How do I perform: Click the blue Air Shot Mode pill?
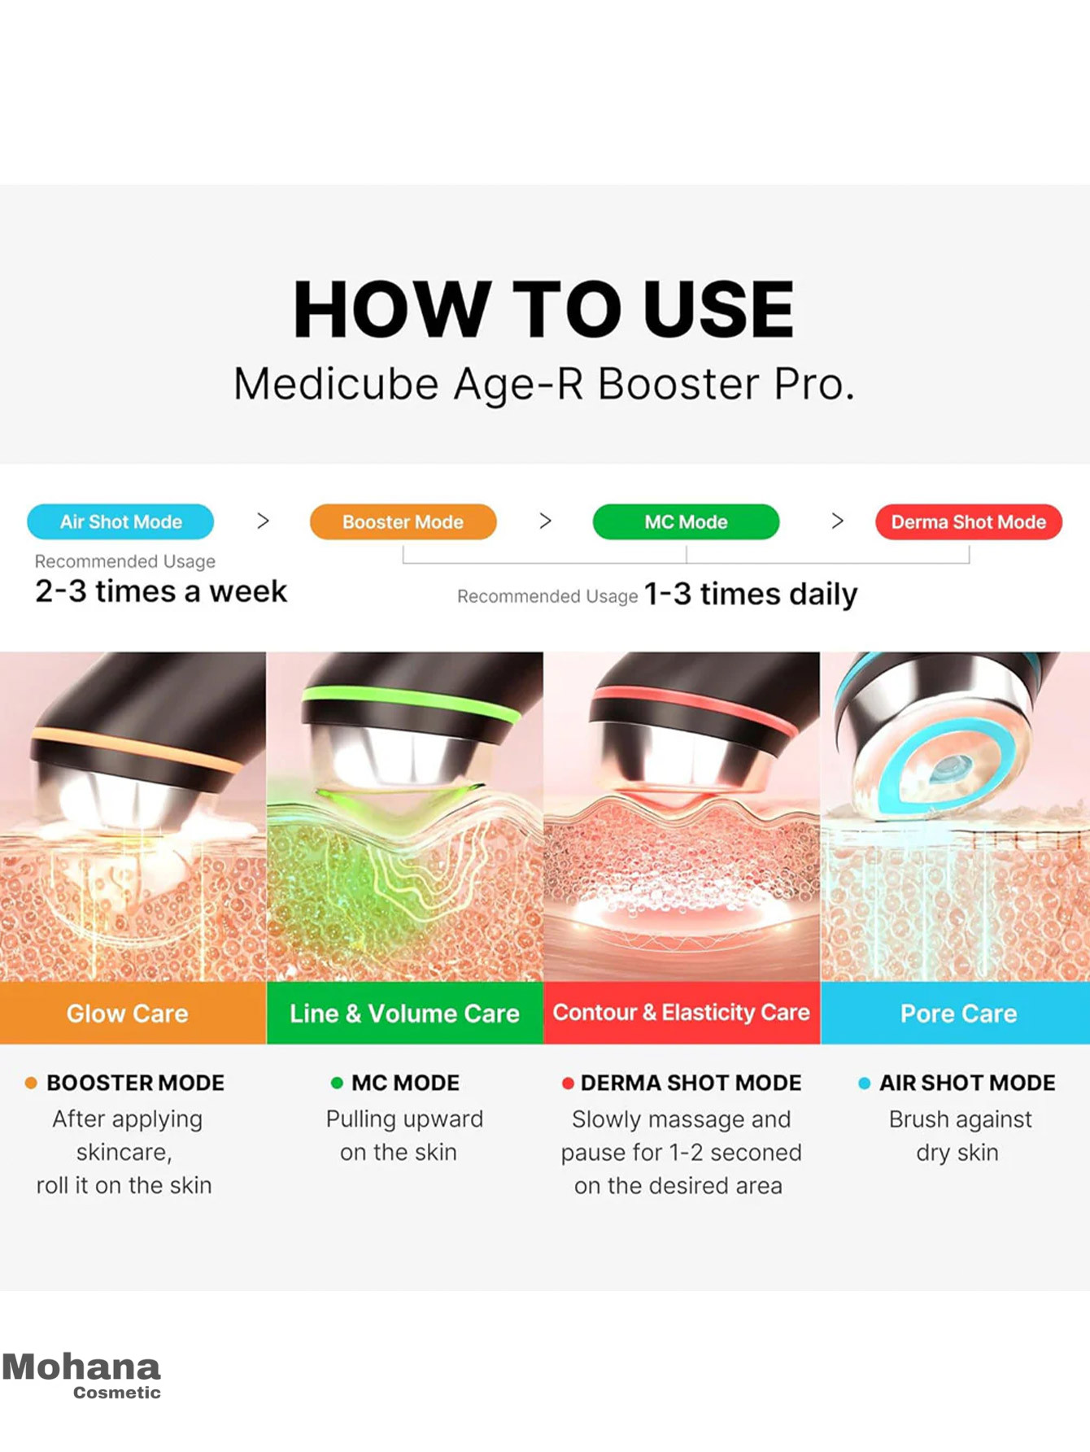pos(120,521)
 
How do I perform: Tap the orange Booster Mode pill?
pos(403,521)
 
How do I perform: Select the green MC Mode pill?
pos(686,521)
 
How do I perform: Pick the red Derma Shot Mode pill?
pos(968,521)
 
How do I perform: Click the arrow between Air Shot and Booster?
pos(263,521)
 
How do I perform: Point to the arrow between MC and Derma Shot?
pos(837,521)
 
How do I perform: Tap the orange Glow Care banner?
pos(133,1013)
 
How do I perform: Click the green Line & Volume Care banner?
pos(404,1013)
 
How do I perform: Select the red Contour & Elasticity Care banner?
pos(682,1013)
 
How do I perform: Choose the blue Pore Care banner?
pos(955,1013)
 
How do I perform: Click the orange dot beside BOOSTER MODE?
pos(31,1083)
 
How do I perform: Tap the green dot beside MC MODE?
pos(337,1083)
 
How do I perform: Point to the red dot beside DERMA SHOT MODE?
pos(568,1083)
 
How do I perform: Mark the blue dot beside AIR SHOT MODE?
pos(865,1083)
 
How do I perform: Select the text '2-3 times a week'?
pos(161,591)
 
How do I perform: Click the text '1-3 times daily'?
pos(751,594)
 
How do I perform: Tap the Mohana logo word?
pos(81,1367)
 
